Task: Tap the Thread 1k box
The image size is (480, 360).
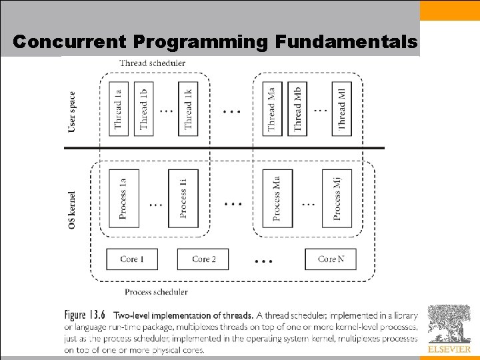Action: (x=188, y=109)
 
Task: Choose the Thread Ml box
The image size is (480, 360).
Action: (x=342, y=109)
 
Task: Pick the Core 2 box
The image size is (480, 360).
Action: (x=203, y=259)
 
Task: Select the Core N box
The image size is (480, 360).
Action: (x=330, y=259)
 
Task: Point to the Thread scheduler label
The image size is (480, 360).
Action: (x=152, y=63)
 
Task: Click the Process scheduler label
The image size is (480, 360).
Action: (x=156, y=291)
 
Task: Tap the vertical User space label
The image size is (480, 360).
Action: (x=73, y=111)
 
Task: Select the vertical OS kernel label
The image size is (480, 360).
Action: (x=73, y=211)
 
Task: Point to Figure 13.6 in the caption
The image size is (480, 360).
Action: (x=86, y=315)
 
